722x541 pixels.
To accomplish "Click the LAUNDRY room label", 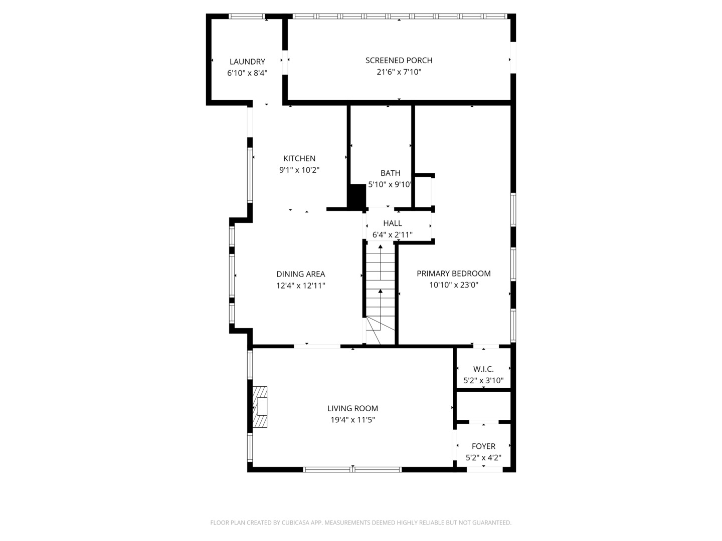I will point(247,62).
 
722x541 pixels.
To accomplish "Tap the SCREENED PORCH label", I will point(399,60).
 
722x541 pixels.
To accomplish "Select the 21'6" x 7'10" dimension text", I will point(399,72).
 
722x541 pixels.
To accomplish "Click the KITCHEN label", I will point(299,158).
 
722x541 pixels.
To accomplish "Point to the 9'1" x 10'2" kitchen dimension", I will point(299,170).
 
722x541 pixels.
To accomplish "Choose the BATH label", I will point(390,173).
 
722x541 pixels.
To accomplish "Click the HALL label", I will point(392,223).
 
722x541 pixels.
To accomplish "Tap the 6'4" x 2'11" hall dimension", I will point(392,234).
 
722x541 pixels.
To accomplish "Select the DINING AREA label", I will point(300,274).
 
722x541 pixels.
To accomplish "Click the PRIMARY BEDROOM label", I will point(453,274).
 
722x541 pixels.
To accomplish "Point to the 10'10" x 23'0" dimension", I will point(453,285).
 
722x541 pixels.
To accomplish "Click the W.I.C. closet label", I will point(483,369).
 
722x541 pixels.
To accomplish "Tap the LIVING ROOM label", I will point(352,408).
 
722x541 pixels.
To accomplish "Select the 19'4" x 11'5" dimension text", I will point(352,420).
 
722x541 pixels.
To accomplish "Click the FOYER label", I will point(483,446).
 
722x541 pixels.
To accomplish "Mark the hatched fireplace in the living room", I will point(260,407).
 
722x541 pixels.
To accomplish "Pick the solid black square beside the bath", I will point(357,196).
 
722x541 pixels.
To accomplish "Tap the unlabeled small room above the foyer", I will point(483,406).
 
